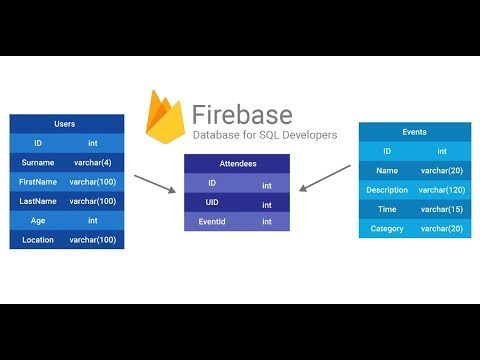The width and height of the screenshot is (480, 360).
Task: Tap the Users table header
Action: point(67,124)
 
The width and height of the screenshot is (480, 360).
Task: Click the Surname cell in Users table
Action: point(38,162)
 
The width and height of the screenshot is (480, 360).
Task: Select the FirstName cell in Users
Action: point(38,182)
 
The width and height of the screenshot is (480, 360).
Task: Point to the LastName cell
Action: point(38,201)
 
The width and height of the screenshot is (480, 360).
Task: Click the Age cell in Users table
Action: point(38,220)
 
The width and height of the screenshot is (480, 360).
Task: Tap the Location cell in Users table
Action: point(38,240)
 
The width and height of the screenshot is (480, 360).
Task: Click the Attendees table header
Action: point(239,163)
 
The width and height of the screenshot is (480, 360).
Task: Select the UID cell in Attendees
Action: point(212,203)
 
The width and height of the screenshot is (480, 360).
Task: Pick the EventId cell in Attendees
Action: point(212,222)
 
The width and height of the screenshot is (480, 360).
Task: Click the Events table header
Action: point(414,131)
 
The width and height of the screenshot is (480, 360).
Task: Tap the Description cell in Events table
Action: point(387,190)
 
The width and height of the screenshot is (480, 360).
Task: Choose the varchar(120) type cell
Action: point(441,190)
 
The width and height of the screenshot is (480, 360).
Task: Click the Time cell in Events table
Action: point(387,209)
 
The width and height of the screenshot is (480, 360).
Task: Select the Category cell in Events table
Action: point(387,229)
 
